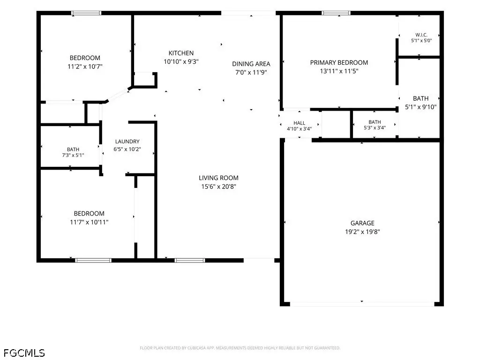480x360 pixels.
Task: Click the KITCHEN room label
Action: tap(181, 53)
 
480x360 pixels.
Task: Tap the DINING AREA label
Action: tap(251, 64)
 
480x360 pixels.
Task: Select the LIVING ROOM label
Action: tap(218, 178)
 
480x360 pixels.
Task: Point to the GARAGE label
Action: tap(362, 223)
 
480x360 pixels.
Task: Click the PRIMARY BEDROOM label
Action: tap(339, 62)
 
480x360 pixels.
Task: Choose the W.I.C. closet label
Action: tap(421, 35)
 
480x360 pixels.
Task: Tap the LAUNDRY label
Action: tap(127, 142)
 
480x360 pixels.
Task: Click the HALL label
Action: tap(299, 123)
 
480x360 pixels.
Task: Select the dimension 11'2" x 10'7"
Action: tap(85, 66)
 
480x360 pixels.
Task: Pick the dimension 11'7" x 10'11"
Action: tap(89, 222)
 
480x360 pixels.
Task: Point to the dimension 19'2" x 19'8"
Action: tap(362, 232)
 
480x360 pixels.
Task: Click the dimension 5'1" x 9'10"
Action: tap(420, 107)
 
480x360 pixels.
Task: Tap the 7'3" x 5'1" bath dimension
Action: tap(73, 155)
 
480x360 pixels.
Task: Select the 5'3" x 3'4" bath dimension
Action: tap(375, 127)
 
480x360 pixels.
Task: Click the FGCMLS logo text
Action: tap(24, 353)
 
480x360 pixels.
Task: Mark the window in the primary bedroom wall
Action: tap(336, 13)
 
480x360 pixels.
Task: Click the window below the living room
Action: tap(190, 261)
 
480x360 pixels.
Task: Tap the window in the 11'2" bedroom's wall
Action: tap(86, 13)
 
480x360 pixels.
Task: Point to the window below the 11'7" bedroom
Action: tap(93, 261)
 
